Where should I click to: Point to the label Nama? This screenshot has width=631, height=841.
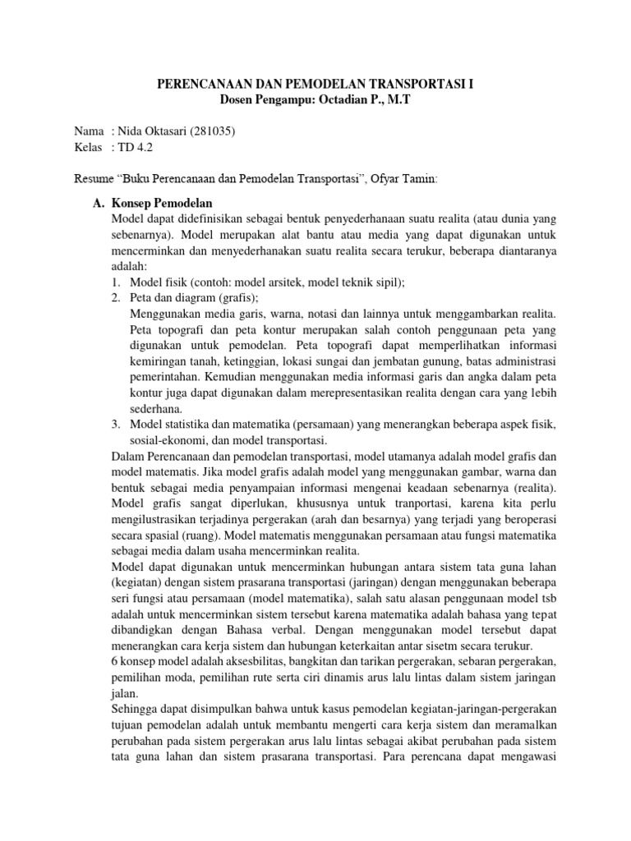[x=90, y=131]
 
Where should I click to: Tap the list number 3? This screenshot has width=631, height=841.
[x=117, y=423]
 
